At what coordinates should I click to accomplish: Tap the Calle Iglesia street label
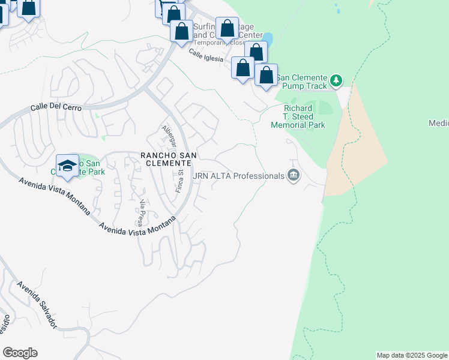click(205, 56)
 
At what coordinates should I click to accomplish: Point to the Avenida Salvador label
click(37, 305)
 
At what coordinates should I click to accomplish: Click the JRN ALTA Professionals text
click(239, 176)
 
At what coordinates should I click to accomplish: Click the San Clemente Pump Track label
click(302, 82)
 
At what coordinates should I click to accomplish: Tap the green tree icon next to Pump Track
click(337, 80)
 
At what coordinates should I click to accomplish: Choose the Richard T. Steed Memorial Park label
click(298, 117)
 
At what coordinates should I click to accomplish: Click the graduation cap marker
click(67, 165)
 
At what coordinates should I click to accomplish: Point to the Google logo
click(20, 352)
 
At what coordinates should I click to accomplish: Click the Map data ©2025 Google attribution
click(412, 355)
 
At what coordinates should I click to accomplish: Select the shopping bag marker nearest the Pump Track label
click(266, 76)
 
